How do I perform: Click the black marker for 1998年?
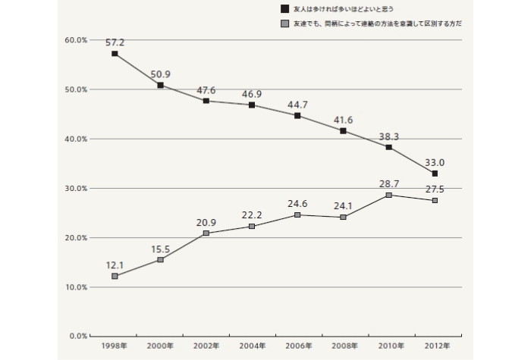tap(115, 54)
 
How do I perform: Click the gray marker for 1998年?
tap(115, 276)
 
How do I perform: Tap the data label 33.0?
tap(435, 161)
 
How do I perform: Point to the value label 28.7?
tap(388, 184)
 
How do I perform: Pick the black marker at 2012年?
tap(435, 174)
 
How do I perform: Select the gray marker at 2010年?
tap(389, 195)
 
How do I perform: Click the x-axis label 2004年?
tap(252, 346)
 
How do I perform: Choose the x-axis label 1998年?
tap(115, 346)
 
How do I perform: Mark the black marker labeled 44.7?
tap(297, 116)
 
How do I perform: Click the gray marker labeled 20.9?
tap(206, 233)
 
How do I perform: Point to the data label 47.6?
tap(206, 90)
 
